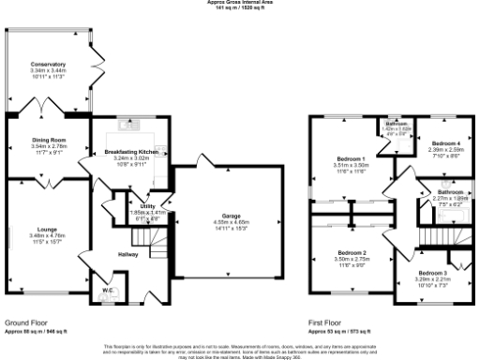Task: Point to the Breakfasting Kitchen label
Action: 130,151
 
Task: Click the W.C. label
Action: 108,290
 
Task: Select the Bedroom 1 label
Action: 348,159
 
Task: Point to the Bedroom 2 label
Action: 351,252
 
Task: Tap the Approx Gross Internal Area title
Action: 240,3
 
